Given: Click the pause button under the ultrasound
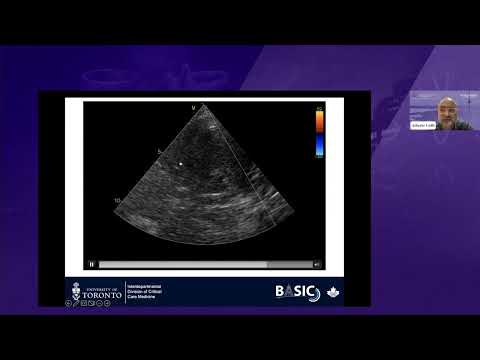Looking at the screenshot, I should pos(92,264).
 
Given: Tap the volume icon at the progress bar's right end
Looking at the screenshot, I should pos(317,264).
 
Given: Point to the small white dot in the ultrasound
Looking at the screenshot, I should pos(180,162).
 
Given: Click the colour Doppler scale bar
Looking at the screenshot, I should pos(319,132).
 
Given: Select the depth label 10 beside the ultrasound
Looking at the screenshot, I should pos(117,200).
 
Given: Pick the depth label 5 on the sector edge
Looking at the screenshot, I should pos(158,151).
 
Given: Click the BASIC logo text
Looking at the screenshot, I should pos(295,291).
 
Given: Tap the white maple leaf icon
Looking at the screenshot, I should pos(333,292).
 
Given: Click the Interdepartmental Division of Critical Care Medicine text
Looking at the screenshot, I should pos(147,291).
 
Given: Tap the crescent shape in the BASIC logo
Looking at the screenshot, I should pos(311,292).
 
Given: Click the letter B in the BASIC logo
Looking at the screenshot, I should pos(279,291).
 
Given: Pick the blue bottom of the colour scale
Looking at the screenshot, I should pos(319,151).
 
